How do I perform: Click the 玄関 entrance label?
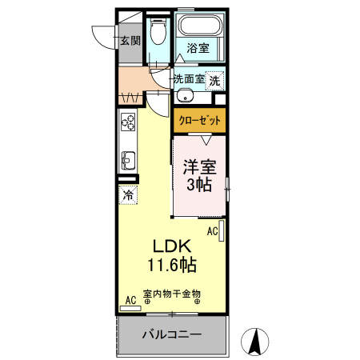pyautogui.click(x=130, y=40)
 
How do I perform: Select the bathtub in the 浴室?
pyautogui.click(x=200, y=28)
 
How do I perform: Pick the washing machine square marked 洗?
pyautogui.click(x=214, y=80)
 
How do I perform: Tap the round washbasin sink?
pyautogui.click(x=185, y=96)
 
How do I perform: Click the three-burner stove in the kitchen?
pyautogui.click(x=128, y=122)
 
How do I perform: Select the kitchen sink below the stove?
pyautogui.click(x=128, y=157)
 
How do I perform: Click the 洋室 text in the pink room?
pyautogui.click(x=200, y=170)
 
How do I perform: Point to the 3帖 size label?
pyautogui.click(x=200, y=186)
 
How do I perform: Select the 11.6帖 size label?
pyautogui.click(x=172, y=264)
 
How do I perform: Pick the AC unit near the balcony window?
pyautogui.click(x=130, y=301)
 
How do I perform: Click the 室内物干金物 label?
pyautogui.click(x=171, y=294)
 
